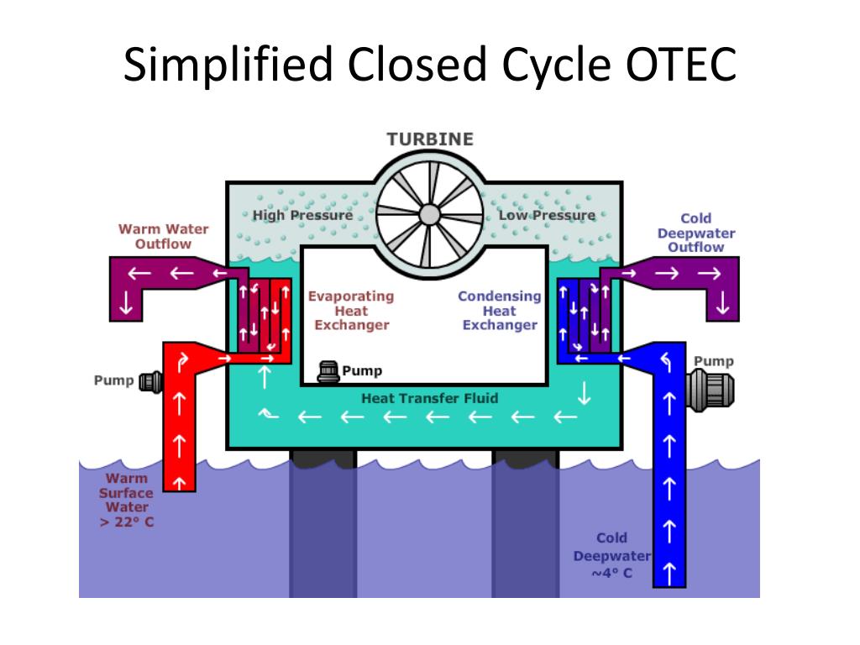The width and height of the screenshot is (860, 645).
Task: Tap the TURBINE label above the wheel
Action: (430, 139)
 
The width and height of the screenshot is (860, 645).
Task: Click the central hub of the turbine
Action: (429, 215)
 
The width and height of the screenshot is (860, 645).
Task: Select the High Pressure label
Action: (302, 215)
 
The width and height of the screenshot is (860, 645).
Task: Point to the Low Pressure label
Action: (547, 215)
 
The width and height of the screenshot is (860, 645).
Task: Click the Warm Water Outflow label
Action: (164, 236)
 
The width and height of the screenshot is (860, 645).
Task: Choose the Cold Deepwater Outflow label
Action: (696, 233)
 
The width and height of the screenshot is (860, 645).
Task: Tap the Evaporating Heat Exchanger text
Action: (351, 311)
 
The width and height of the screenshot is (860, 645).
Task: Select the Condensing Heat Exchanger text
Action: (500, 311)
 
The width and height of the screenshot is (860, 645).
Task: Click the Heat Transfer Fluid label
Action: (429, 398)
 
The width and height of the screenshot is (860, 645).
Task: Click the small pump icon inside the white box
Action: (328, 371)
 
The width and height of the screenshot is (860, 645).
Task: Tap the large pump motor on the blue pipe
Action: (711, 390)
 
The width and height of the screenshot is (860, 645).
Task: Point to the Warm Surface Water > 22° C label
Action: (126, 501)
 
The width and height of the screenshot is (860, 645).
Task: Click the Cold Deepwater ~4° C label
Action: (611, 556)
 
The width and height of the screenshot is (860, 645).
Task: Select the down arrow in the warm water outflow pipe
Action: (126, 302)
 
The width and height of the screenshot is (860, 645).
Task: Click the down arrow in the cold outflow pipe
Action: (722, 302)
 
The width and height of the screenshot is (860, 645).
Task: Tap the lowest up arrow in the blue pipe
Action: (669, 574)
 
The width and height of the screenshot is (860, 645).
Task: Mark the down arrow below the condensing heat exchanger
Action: (585, 393)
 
